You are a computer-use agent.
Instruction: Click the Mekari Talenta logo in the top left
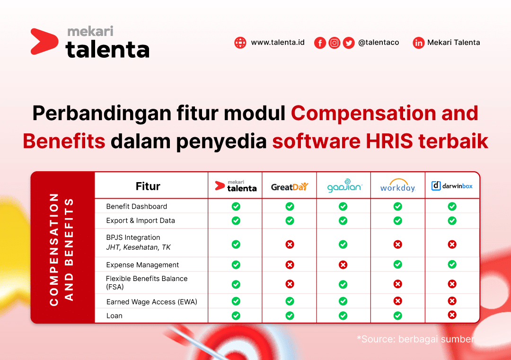tap(90, 43)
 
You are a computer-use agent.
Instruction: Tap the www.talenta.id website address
tap(277, 43)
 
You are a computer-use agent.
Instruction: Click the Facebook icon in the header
tap(320, 43)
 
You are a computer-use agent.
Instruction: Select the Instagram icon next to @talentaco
tap(335, 43)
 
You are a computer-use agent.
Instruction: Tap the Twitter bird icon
tap(349, 43)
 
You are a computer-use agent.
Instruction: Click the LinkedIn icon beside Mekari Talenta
tap(419, 43)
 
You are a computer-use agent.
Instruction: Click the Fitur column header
tap(148, 186)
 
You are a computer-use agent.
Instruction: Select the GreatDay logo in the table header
tap(290, 186)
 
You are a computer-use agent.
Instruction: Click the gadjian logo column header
tap(344, 186)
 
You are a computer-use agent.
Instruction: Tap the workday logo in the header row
tap(398, 186)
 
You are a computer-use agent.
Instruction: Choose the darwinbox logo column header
tap(452, 186)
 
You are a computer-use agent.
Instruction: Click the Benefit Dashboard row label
tap(136, 207)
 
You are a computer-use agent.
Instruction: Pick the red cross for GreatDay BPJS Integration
tap(290, 244)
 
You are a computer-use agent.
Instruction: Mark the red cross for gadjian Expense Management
tap(343, 265)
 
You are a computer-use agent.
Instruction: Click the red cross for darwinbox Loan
tap(452, 315)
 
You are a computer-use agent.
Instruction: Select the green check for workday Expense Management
tap(398, 265)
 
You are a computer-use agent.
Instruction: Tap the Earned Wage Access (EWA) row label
tap(151, 302)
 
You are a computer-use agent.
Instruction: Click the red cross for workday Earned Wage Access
tap(398, 301)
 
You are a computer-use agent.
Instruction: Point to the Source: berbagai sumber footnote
tap(415, 339)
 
